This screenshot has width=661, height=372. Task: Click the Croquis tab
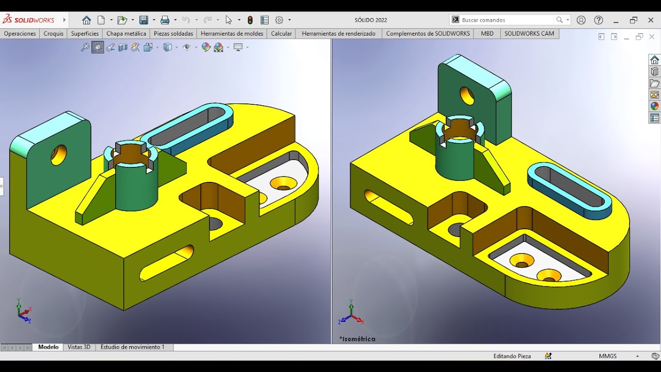[53, 34]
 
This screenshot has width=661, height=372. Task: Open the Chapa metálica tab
[127, 34]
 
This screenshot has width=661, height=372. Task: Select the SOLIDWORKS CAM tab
[529, 34]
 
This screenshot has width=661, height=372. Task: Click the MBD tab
[487, 34]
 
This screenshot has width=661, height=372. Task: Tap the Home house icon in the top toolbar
[86, 20]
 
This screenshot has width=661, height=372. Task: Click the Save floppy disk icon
[144, 20]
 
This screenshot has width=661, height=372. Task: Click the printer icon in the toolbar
[165, 20]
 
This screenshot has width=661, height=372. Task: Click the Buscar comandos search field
[507, 20]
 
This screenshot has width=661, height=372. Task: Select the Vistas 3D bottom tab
[79, 347]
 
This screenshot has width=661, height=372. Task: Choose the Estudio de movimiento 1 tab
[133, 347]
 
